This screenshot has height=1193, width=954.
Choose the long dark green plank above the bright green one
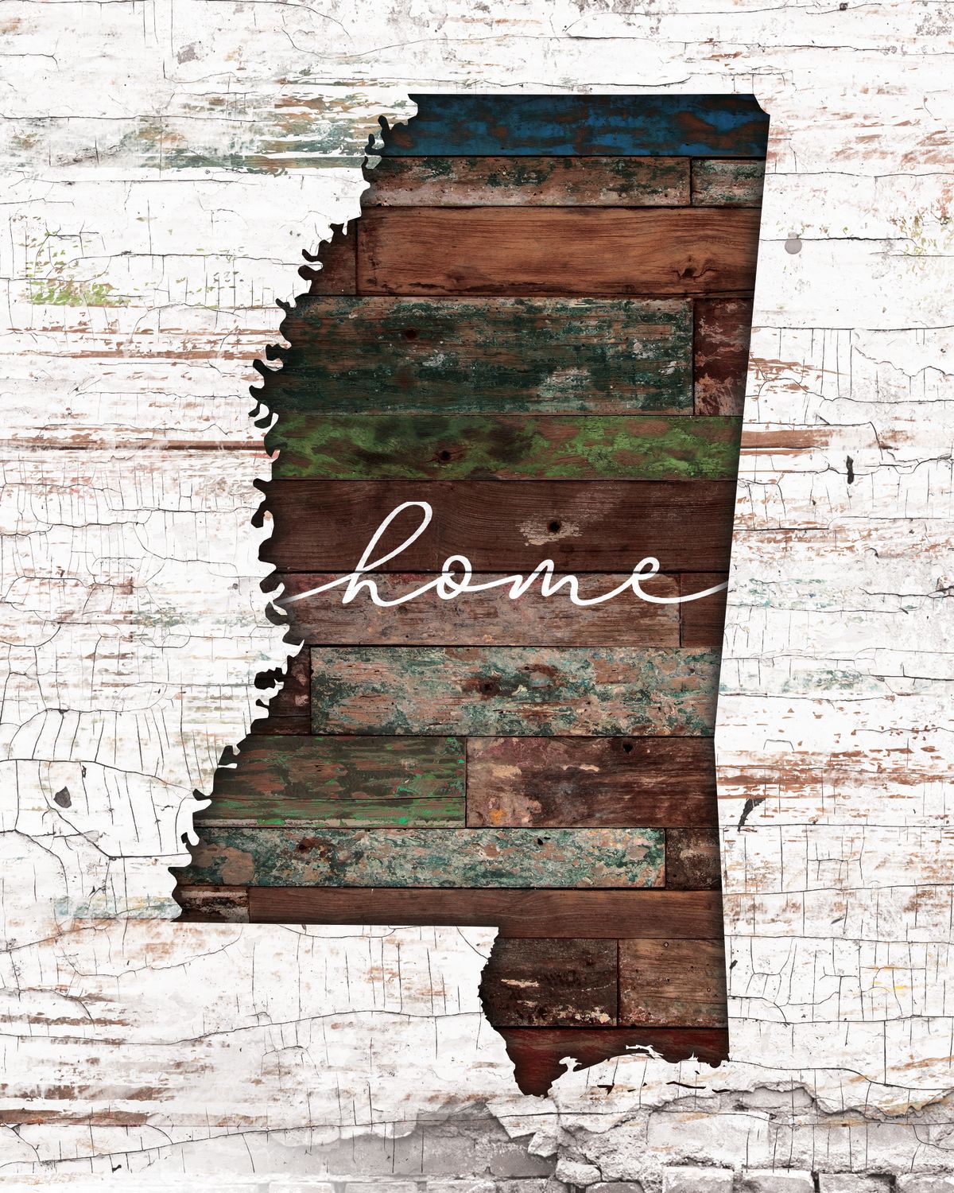pyautogui.click(x=485, y=354)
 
